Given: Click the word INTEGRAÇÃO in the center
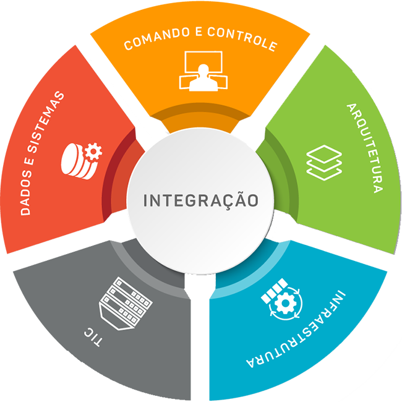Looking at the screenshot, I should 200,201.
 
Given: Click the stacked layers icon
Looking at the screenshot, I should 323,162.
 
